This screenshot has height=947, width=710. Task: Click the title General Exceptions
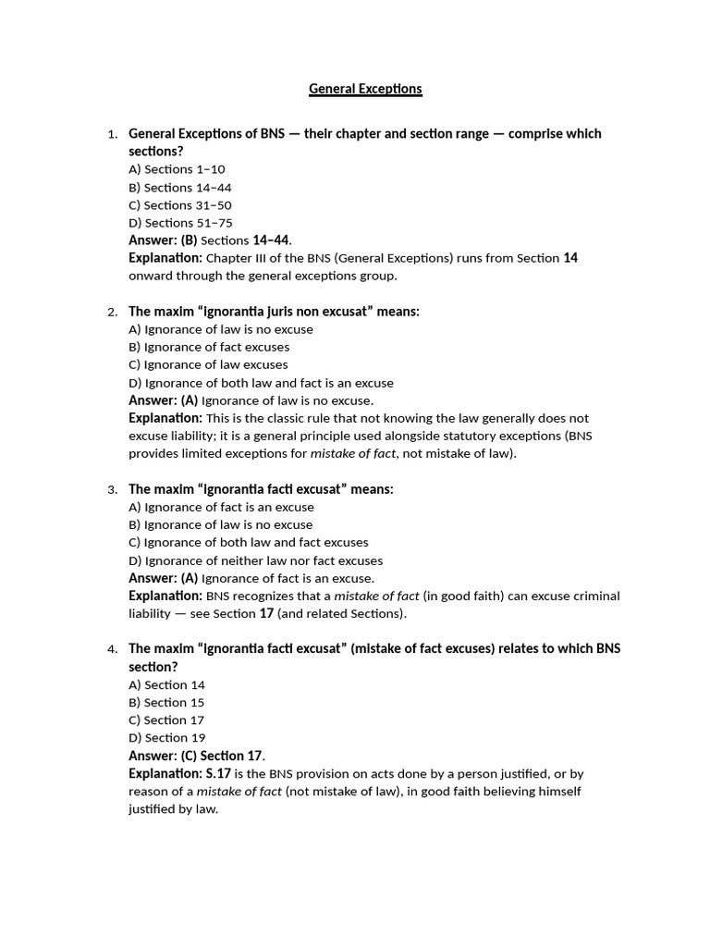point(365,89)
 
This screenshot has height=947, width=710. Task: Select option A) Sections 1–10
point(177,169)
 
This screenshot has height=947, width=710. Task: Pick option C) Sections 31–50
point(180,205)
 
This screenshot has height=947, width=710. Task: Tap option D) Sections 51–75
point(180,223)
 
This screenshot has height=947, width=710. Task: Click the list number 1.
point(112,134)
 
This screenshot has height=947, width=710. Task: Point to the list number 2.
point(112,313)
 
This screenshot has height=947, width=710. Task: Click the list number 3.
point(112,490)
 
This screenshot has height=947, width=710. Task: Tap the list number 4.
point(112,649)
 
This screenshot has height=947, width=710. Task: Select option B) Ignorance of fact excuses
point(209,347)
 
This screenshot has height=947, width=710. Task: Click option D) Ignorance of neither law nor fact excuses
point(255,560)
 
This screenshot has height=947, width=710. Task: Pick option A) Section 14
point(166,685)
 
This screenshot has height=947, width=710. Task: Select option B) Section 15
point(166,703)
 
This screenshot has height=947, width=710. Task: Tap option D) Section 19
point(166,738)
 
